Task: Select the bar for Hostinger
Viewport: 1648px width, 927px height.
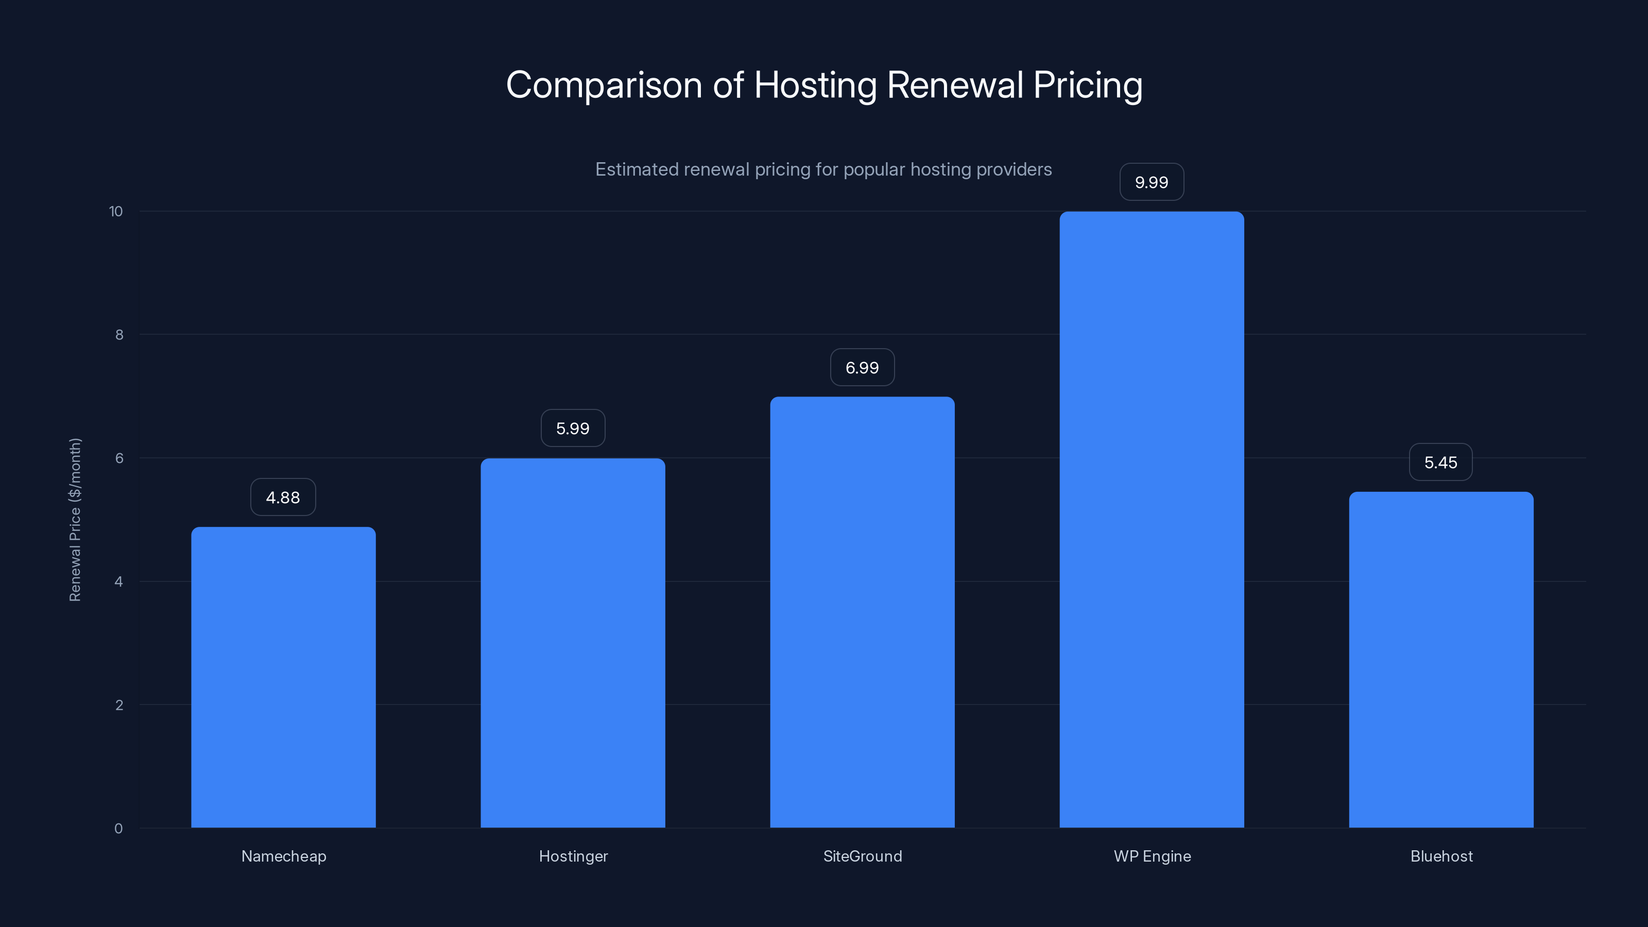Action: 573,643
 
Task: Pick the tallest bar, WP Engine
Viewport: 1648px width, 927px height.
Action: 1152,520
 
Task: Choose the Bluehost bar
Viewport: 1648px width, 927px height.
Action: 1441,660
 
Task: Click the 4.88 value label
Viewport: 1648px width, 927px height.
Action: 283,497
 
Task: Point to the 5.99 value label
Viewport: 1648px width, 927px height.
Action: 573,428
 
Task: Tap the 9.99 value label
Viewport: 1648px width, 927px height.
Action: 1152,182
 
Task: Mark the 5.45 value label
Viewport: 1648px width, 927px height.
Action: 1441,462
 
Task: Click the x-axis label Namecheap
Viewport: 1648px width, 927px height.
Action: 283,856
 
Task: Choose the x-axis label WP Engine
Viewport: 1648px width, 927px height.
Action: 1152,856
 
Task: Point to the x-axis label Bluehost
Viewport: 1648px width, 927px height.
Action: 1441,856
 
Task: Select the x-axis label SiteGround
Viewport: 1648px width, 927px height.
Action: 863,856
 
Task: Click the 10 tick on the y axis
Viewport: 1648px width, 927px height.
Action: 116,211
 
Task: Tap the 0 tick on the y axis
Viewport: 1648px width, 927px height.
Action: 118,829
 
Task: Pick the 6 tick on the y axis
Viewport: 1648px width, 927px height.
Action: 119,458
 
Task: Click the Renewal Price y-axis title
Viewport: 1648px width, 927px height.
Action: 75,520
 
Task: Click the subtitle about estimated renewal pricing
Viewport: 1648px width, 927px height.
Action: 823,169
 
